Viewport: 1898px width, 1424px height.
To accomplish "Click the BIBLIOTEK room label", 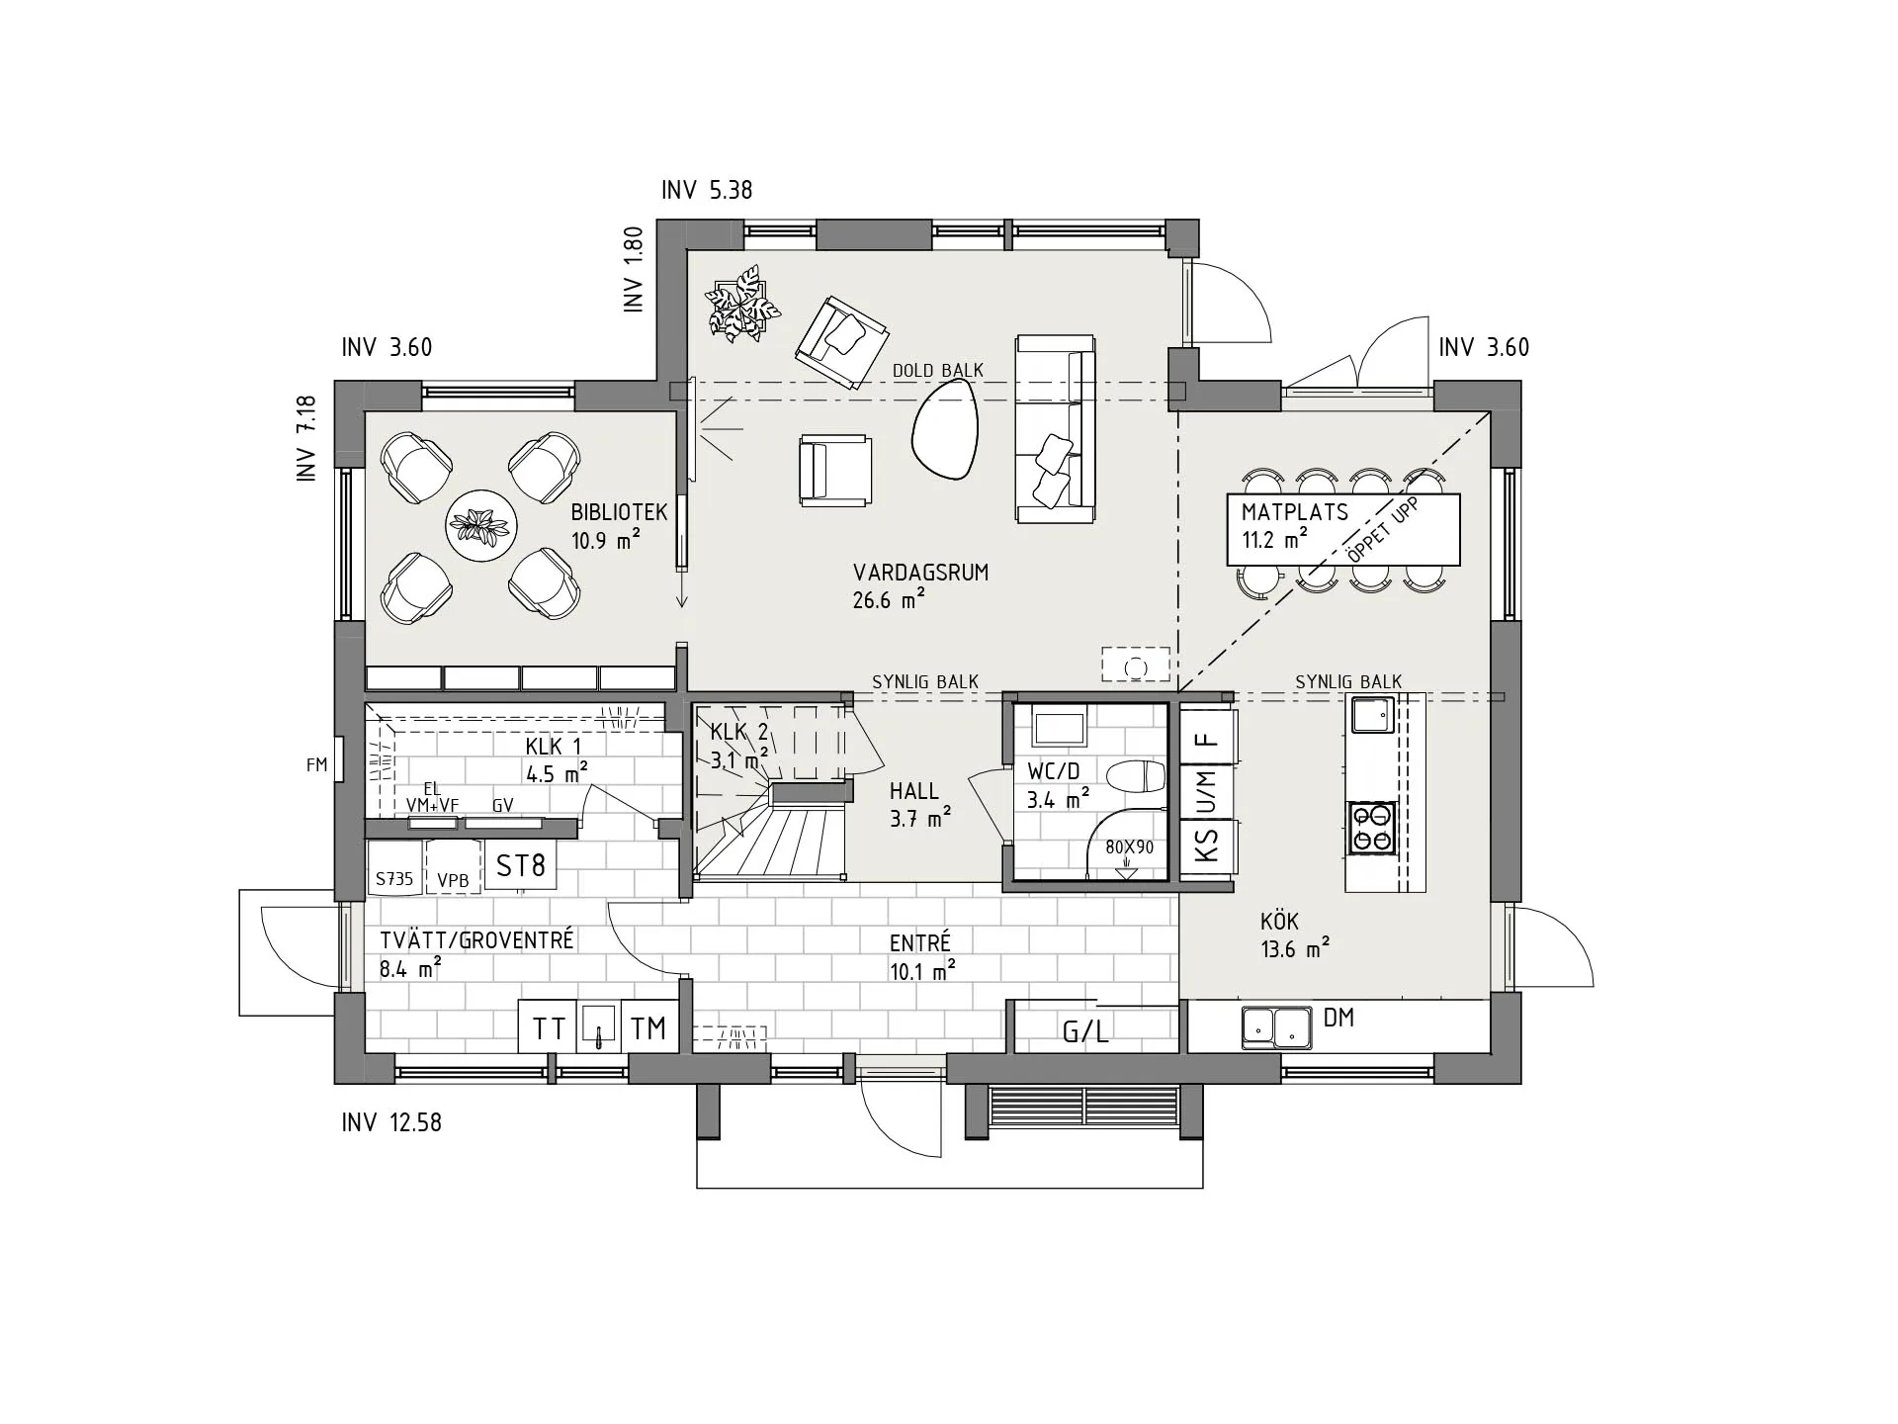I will click(x=619, y=513).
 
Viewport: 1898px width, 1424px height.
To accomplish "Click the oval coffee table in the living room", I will click(x=944, y=430).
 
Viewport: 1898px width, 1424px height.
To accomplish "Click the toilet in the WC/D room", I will click(x=1137, y=776).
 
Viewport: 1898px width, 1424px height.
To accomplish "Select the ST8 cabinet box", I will click(x=520, y=866).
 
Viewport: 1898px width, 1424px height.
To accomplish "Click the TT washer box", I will click(x=548, y=1028).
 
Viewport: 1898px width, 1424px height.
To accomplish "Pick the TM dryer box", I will click(x=648, y=1028).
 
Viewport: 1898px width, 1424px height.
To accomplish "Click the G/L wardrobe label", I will click(x=1085, y=1032).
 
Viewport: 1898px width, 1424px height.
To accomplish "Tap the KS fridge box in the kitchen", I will click(x=1207, y=846).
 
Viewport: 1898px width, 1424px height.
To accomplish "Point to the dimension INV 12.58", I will click(x=391, y=1122).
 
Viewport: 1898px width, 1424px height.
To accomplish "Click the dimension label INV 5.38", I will click(x=707, y=190).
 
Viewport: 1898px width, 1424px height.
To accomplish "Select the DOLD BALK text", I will click(x=937, y=371).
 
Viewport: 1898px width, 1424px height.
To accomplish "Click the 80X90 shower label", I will click(x=1129, y=847).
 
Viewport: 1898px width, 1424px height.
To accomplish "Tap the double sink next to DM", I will click(x=1276, y=1027).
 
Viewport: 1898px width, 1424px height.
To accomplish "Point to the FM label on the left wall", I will click(x=316, y=764).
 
